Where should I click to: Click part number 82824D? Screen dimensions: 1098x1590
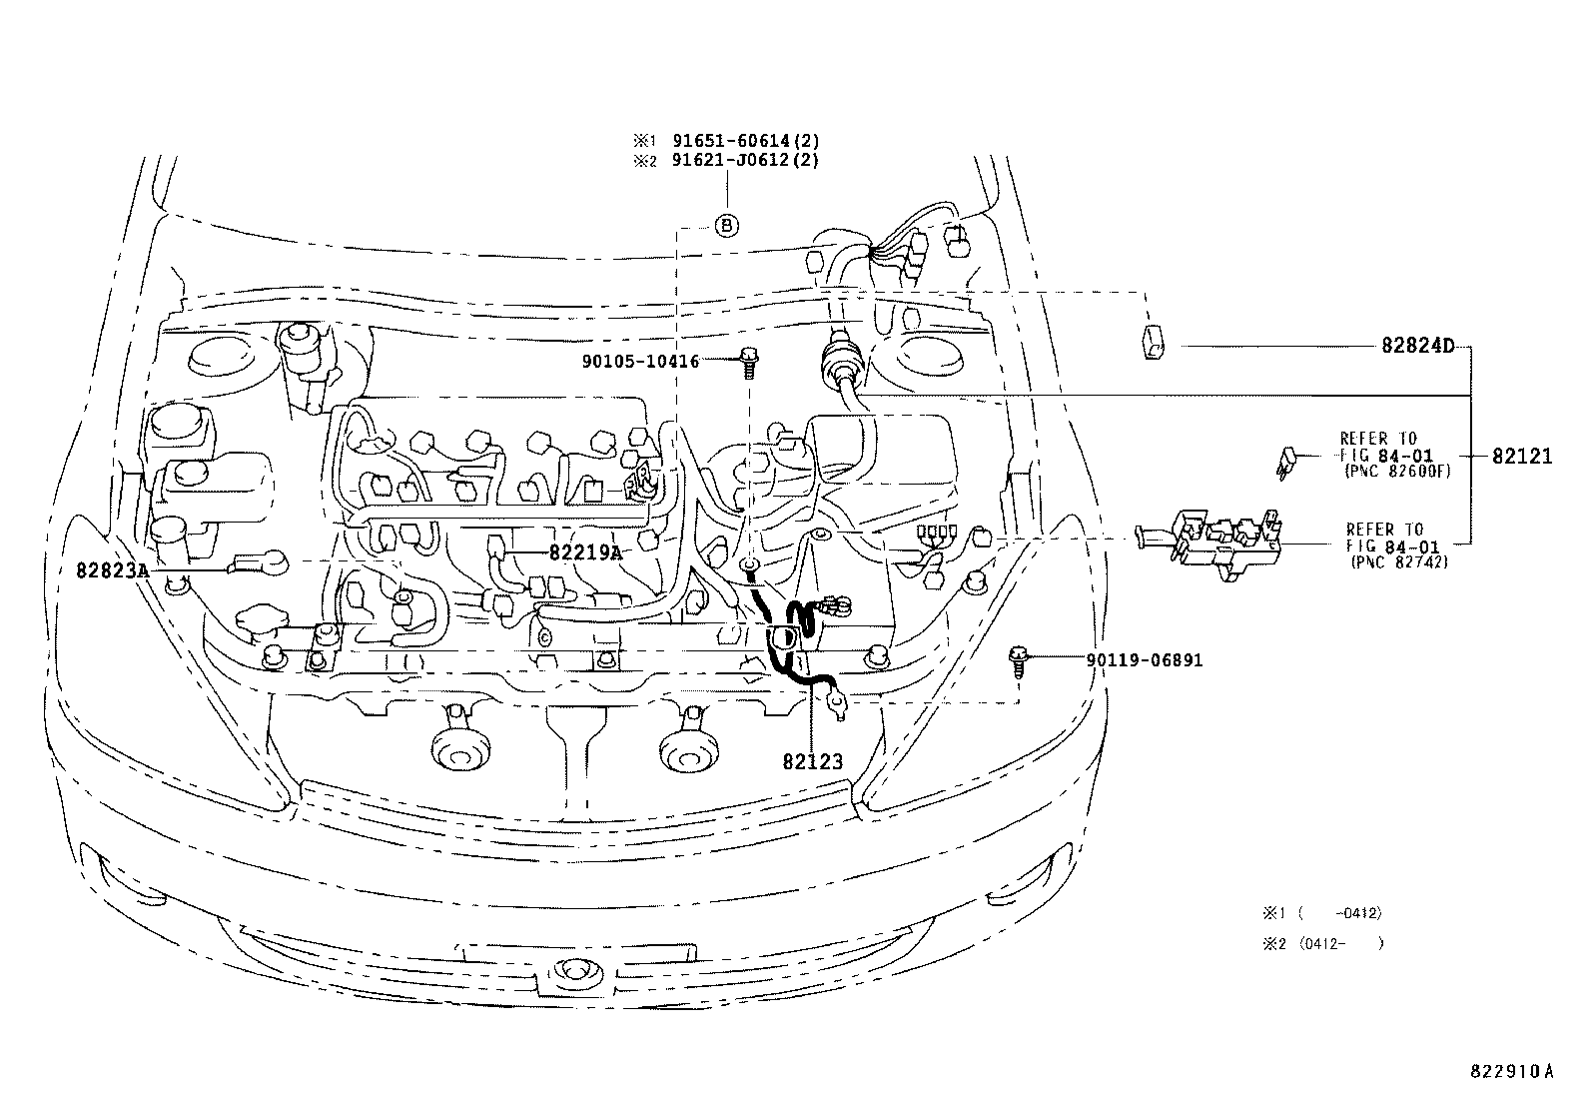1417,346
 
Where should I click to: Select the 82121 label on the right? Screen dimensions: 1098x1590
1522,456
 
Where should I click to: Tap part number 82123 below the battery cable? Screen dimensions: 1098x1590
812,761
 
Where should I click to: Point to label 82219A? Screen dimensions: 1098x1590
584,552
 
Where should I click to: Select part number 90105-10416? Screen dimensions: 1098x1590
640,361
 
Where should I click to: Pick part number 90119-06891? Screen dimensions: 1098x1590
1145,660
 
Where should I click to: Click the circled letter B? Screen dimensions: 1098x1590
727,227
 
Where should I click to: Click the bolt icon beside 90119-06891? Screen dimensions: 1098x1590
1018,661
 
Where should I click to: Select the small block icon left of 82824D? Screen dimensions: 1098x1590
1152,341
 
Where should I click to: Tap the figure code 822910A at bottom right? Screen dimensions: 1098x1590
1511,1071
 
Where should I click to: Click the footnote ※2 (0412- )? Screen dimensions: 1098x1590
1322,943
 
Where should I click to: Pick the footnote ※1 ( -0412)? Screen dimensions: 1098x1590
1322,913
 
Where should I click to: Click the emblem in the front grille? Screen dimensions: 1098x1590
573,969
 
